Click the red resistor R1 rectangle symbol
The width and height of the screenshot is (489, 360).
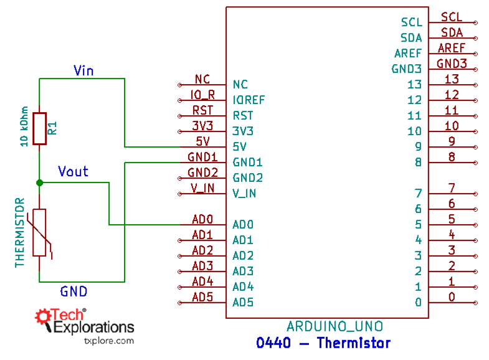pyautogui.click(x=39, y=128)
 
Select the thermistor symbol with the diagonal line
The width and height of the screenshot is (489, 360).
pyautogui.click(x=39, y=233)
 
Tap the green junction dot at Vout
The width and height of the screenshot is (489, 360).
pyautogui.click(x=39, y=182)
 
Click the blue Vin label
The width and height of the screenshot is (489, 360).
pyautogui.click(x=83, y=70)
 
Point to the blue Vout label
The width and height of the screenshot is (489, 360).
pyautogui.click(x=73, y=171)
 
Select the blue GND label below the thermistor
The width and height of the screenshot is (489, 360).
pyautogui.click(x=74, y=291)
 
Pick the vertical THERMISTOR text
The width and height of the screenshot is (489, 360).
pyautogui.click(x=19, y=233)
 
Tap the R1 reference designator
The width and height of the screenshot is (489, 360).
pyautogui.click(x=53, y=128)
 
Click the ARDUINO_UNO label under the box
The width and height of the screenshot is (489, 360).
pyautogui.click(x=335, y=326)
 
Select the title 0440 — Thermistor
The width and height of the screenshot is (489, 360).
pyautogui.click(x=323, y=343)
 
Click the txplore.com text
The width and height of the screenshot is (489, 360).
pyautogui.click(x=108, y=341)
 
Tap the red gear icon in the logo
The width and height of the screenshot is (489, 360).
pyautogui.click(x=44, y=317)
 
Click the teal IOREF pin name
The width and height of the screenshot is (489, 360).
pyautogui.click(x=249, y=100)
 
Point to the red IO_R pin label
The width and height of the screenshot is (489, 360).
pyautogui.click(x=202, y=95)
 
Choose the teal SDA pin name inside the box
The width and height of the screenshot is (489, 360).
pyautogui.click(x=411, y=38)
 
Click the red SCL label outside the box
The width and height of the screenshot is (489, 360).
pyautogui.click(x=452, y=17)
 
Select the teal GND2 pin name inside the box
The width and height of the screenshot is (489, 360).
pyautogui.click(x=247, y=178)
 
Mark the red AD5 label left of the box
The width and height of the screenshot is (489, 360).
pyautogui.click(x=202, y=297)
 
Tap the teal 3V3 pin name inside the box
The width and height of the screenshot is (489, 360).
pyautogui.click(x=243, y=131)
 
